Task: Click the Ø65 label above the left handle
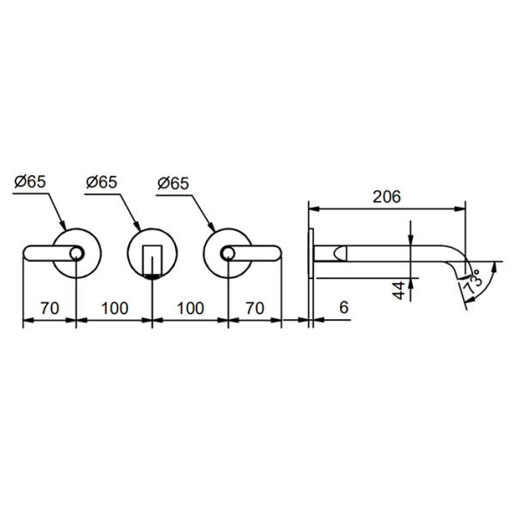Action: click(31, 181)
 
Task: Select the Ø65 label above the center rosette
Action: click(102, 181)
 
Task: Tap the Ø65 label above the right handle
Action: click(174, 181)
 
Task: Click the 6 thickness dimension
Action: click(343, 307)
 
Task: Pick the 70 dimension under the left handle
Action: click(49, 307)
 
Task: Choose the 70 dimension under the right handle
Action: click(255, 307)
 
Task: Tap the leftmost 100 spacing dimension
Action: click(114, 307)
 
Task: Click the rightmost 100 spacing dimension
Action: click(190, 307)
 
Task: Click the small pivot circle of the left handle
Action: click(76, 252)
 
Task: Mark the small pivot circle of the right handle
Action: click(227, 252)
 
